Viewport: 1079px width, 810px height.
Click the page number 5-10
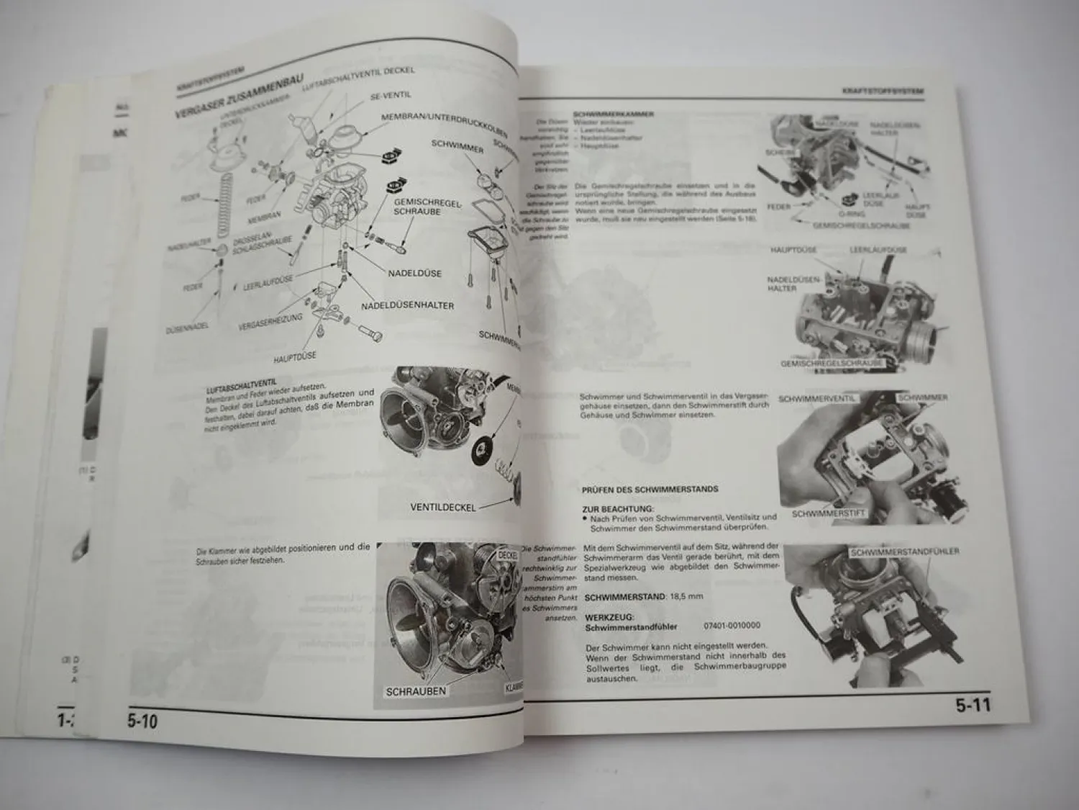pyautogui.click(x=142, y=720)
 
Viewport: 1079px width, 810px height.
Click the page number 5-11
pyautogui.click(x=973, y=706)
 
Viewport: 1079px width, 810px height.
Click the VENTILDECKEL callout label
pyautogui.click(x=443, y=507)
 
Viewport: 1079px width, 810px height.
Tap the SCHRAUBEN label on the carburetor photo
pyautogui.click(x=416, y=691)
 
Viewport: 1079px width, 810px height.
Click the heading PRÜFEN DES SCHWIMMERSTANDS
pyautogui.click(x=650, y=490)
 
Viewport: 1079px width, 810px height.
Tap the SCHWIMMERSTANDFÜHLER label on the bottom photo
pyautogui.click(x=904, y=552)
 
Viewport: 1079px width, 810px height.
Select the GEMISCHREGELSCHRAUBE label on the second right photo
pyautogui.click(x=832, y=363)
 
